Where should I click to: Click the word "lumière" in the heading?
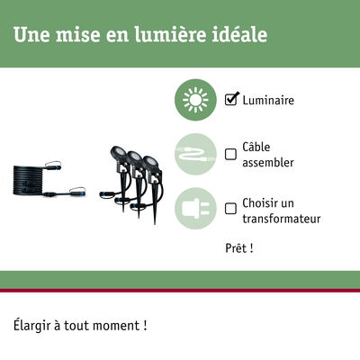(170, 34)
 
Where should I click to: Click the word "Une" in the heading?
(31, 34)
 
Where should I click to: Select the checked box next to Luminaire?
(231, 99)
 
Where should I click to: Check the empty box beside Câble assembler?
(230, 155)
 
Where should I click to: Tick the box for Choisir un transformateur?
(230, 209)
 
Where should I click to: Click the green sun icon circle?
(195, 100)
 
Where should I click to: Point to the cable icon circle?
(195, 154)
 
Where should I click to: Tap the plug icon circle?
(195, 209)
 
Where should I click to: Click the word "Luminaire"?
(268, 100)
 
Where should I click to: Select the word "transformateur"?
(282, 219)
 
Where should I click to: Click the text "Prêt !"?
(239, 248)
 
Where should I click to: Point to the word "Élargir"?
(31, 326)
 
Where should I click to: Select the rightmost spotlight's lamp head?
(150, 162)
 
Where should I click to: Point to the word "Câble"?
(256, 147)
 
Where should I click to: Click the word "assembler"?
(268, 162)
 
